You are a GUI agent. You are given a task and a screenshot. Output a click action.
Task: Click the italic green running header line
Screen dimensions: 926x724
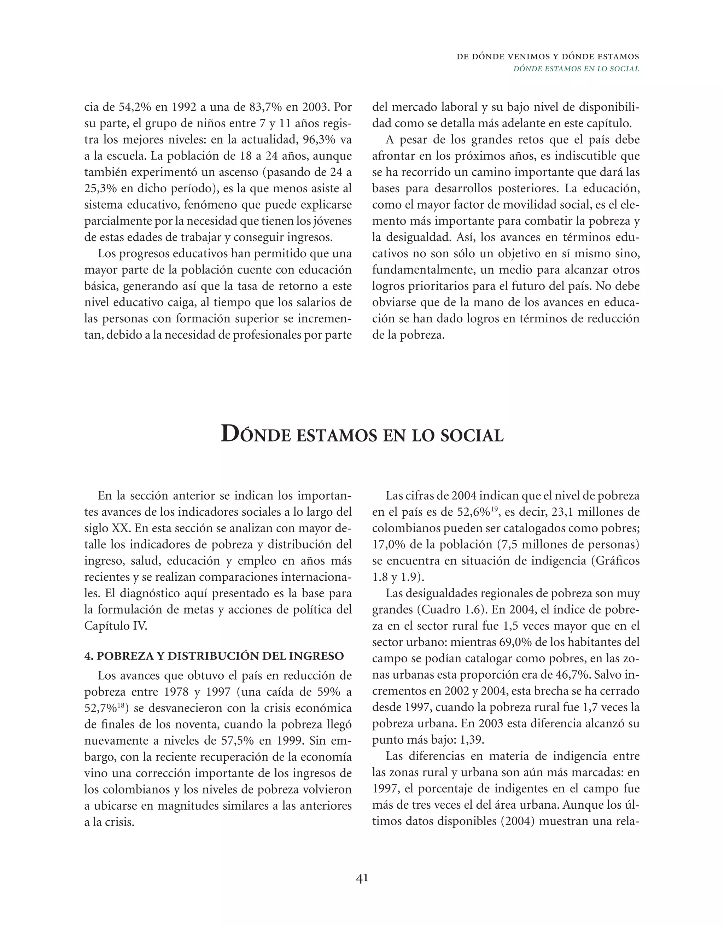(576, 69)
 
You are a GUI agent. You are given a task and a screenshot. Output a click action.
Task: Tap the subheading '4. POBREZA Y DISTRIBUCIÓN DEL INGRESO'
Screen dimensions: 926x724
(214, 656)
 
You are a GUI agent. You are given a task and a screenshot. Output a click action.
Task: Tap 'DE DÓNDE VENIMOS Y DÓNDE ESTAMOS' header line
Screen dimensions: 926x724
(548, 57)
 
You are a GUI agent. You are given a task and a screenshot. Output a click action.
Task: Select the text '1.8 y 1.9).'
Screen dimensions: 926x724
(396, 577)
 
